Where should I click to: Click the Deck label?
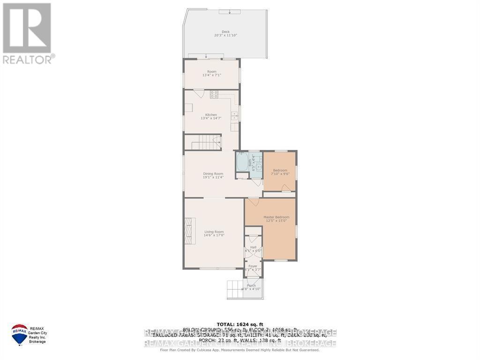pyautogui.click(x=225, y=32)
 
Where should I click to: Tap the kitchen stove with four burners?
pyautogui.click(x=214, y=94)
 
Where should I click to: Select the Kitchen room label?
pyautogui.click(x=211, y=115)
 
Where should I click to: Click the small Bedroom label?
pyautogui.click(x=280, y=170)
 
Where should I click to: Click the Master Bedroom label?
pyautogui.click(x=276, y=217)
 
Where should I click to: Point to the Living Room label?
pyautogui.click(x=214, y=232)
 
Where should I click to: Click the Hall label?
pyautogui.click(x=253, y=247)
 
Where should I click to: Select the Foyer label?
pyautogui.click(x=253, y=266)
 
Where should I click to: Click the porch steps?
pyautogui.click(x=233, y=289)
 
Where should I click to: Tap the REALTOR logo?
pyautogui.click(x=27, y=33)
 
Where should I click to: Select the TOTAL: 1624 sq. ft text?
pyautogui.click(x=240, y=324)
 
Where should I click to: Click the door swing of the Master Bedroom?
pyautogui.click(x=253, y=202)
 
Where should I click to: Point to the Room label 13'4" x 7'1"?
pyautogui.click(x=212, y=72)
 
